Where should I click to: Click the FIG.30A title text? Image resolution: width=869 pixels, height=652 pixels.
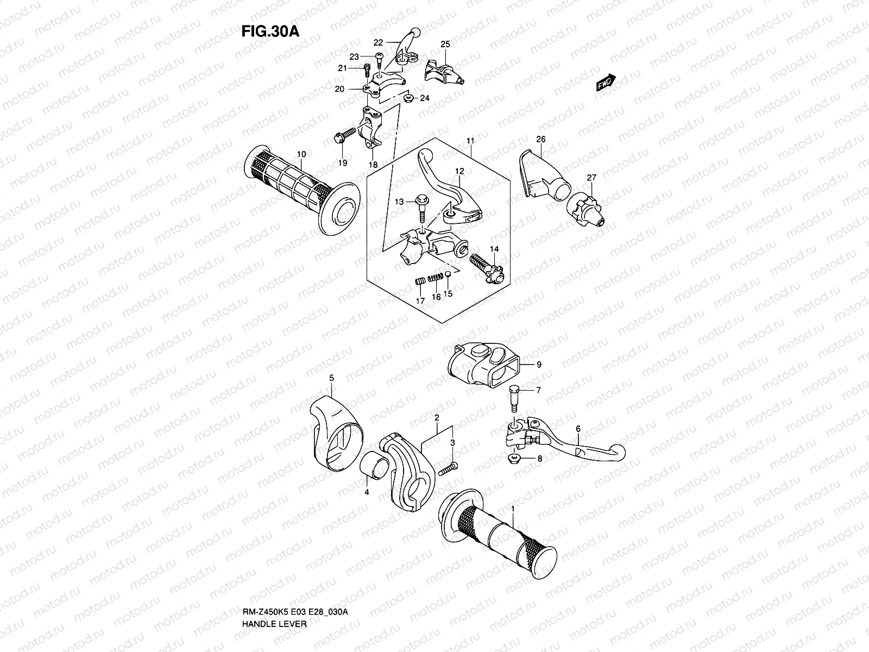270,31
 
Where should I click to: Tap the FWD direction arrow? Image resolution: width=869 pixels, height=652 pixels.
605,83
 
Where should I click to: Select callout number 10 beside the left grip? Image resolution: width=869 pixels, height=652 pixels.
301,154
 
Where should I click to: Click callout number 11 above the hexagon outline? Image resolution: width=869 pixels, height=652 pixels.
470,141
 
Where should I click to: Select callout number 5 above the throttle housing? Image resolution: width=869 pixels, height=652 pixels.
332,377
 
